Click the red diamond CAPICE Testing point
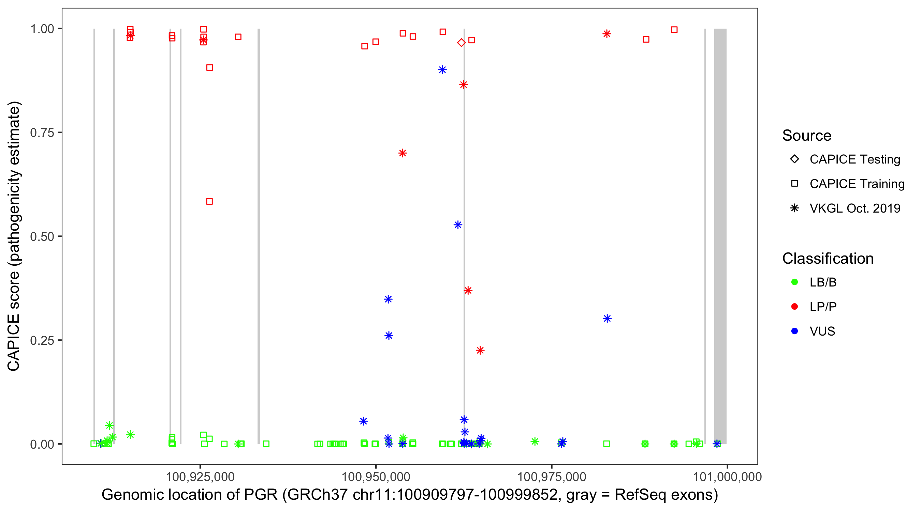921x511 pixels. (x=461, y=43)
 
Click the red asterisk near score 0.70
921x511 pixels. (x=403, y=153)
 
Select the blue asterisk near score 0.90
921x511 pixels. (x=442, y=69)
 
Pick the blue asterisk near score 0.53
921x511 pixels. (x=458, y=225)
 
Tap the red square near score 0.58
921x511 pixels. (x=209, y=201)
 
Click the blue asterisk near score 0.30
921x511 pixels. (x=607, y=319)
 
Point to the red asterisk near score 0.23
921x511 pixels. (x=480, y=350)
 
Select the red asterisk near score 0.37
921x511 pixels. (x=468, y=290)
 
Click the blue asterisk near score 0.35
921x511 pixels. (x=388, y=299)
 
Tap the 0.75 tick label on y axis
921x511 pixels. (x=42, y=133)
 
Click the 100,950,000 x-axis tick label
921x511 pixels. (x=376, y=477)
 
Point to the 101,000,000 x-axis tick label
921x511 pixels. (x=727, y=477)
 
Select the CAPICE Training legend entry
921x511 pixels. (x=857, y=184)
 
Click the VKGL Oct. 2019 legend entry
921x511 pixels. (x=855, y=208)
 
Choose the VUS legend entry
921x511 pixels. (x=822, y=331)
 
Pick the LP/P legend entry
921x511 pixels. (x=823, y=307)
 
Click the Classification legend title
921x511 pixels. (x=828, y=259)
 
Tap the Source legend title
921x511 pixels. (x=807, y=136)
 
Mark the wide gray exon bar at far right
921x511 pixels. (x=720, y=236)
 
